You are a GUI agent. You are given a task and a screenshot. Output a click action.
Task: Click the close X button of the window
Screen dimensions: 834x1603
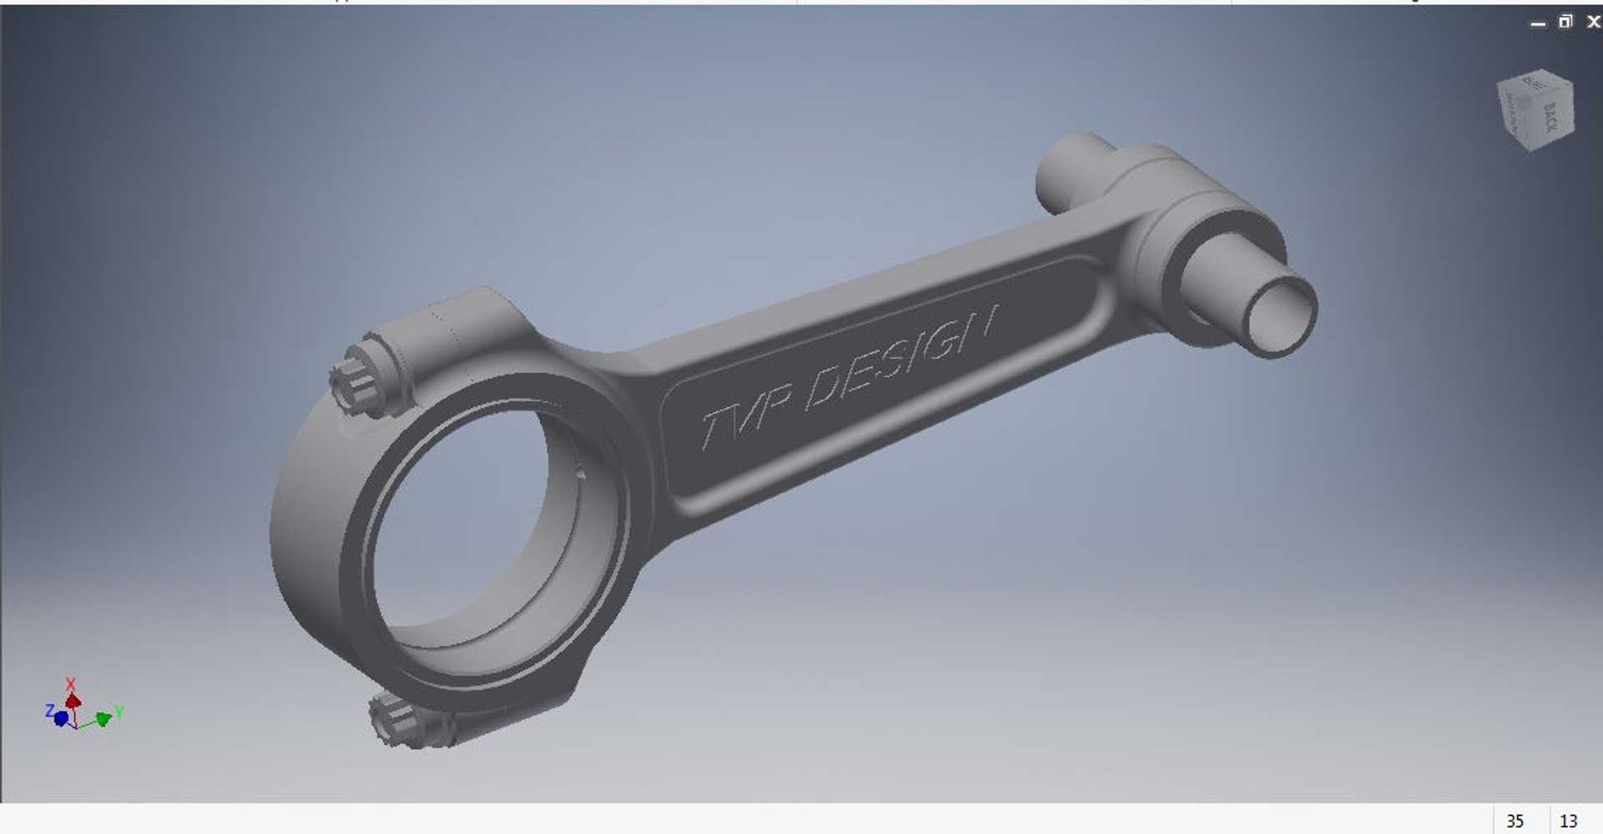coord(1593,23)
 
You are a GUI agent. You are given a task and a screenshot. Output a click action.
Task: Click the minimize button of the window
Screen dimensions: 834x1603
coord(1538,24)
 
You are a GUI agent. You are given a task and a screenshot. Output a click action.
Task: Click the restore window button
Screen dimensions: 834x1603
coord(1565,23)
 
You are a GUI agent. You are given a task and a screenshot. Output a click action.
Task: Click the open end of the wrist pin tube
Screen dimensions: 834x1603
coord(1277,315)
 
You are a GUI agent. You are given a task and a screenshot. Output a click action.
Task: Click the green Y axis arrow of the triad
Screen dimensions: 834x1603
coord(103,719)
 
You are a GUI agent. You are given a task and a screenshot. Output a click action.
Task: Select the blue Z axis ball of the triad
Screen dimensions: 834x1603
coord(61,718)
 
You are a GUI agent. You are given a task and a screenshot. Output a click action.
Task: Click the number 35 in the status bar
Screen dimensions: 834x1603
coord(1515,821)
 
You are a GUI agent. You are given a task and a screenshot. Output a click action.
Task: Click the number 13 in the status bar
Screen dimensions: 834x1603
coord(1568,821)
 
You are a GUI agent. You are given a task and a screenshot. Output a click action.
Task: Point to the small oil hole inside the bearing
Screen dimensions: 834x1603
coord(581,473)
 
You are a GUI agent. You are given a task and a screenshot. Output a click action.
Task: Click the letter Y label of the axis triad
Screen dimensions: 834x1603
coord(119,712)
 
